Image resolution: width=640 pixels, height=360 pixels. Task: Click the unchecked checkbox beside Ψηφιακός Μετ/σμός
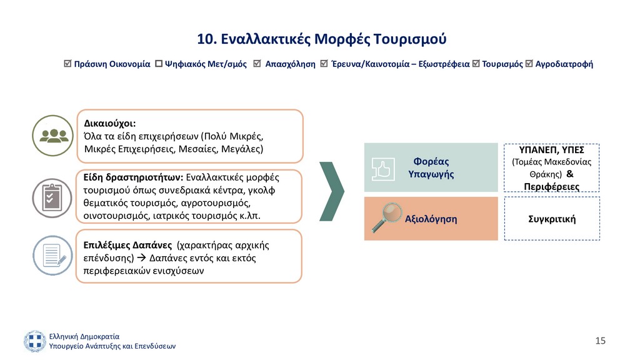(159, 64)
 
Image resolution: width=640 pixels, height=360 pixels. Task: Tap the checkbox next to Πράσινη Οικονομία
(67, 63)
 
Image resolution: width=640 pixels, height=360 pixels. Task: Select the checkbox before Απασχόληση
(257, 63)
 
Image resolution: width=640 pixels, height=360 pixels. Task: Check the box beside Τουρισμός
(476, 63)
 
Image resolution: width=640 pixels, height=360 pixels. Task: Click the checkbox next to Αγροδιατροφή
(529, 63)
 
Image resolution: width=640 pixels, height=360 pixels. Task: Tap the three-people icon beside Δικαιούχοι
(53, 136)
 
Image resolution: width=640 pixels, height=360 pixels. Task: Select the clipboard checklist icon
(52, 198)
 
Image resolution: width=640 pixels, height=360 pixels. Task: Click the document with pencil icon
(52, 256)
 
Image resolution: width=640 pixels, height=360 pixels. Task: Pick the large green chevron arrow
(332, 191)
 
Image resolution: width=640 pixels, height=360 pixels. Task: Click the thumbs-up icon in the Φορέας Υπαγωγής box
(383, 169)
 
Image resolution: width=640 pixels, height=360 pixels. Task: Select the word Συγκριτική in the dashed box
(552, 219)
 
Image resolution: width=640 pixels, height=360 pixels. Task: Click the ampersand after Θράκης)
(570, 174)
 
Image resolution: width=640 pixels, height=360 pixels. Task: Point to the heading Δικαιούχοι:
(110, 123)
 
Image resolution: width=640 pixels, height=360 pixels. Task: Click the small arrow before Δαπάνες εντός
(141, 258)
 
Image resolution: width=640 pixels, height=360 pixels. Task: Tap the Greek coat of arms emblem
(35, 341)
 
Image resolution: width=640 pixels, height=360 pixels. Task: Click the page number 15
(601, 341)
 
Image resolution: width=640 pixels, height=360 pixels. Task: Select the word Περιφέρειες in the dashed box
(552, 187)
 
